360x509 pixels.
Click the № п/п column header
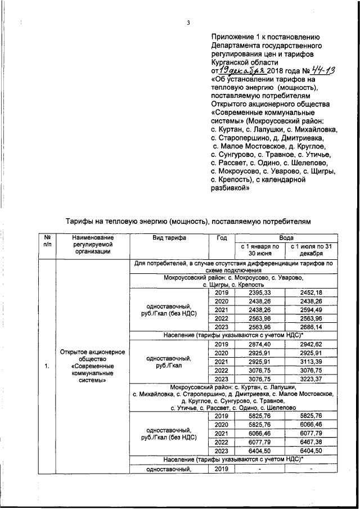[48, 242]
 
